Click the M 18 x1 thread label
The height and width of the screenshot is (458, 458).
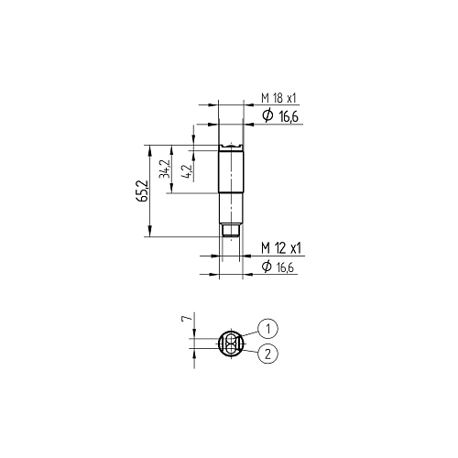278,98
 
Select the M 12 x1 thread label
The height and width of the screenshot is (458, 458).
281,248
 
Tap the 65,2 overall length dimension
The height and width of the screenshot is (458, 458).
142,191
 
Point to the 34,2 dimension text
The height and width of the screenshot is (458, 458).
164,169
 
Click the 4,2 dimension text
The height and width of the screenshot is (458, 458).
186,171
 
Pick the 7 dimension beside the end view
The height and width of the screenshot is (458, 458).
186,319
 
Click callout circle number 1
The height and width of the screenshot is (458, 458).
267,329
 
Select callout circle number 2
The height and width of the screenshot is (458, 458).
267,354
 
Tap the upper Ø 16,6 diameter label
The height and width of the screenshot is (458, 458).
280,116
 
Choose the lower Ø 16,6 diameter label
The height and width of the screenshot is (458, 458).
278,267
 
